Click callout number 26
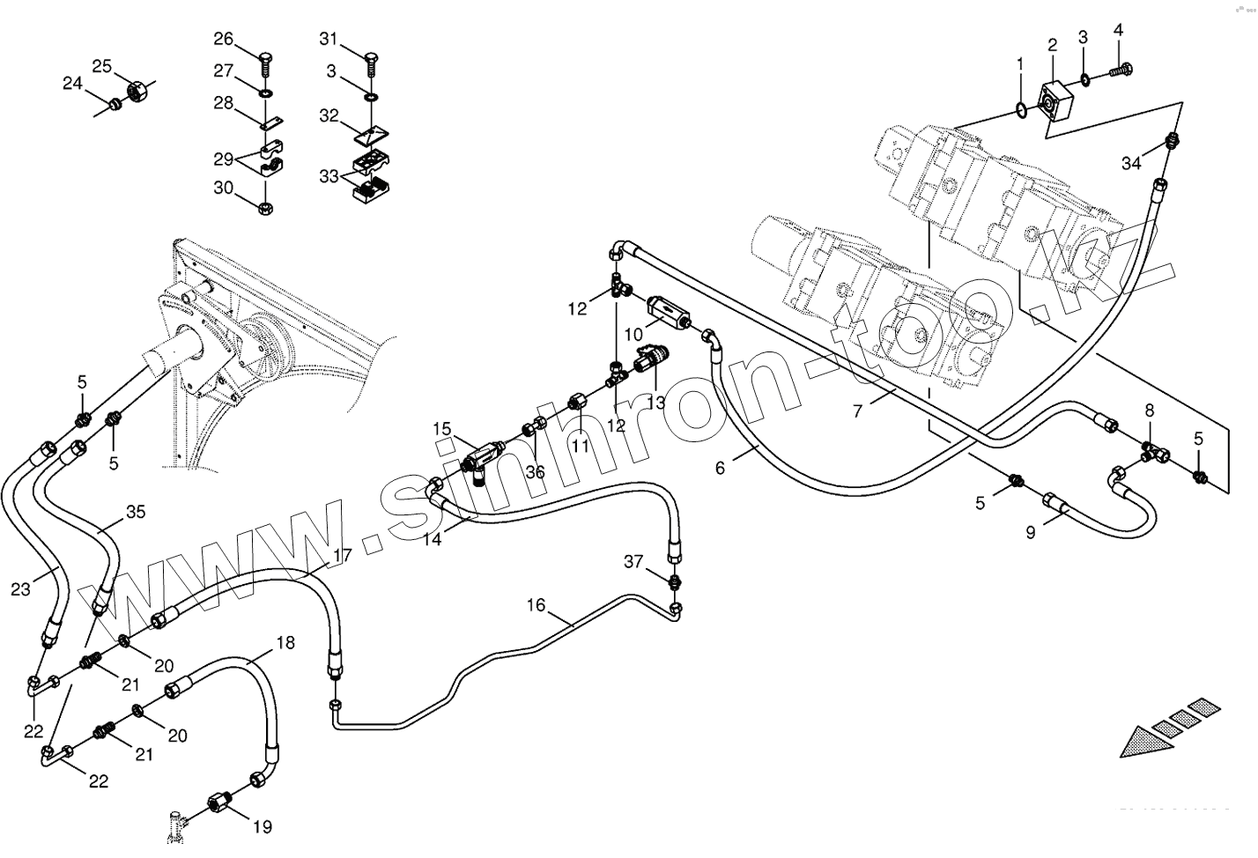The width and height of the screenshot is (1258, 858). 224,39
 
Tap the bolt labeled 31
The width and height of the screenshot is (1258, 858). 370,63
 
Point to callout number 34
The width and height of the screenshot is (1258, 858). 1132,163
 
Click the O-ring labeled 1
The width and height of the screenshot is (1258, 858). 1017,109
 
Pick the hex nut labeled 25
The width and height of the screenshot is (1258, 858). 137,89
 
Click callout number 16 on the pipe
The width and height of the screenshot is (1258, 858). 536,605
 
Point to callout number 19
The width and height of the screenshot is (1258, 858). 262,826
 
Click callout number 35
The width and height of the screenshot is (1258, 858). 135,511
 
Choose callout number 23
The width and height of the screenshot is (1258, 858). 20,589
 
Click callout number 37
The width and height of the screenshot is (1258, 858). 634,561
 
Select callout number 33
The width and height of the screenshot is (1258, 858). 329,176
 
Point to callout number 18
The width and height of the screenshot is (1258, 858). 285,642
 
